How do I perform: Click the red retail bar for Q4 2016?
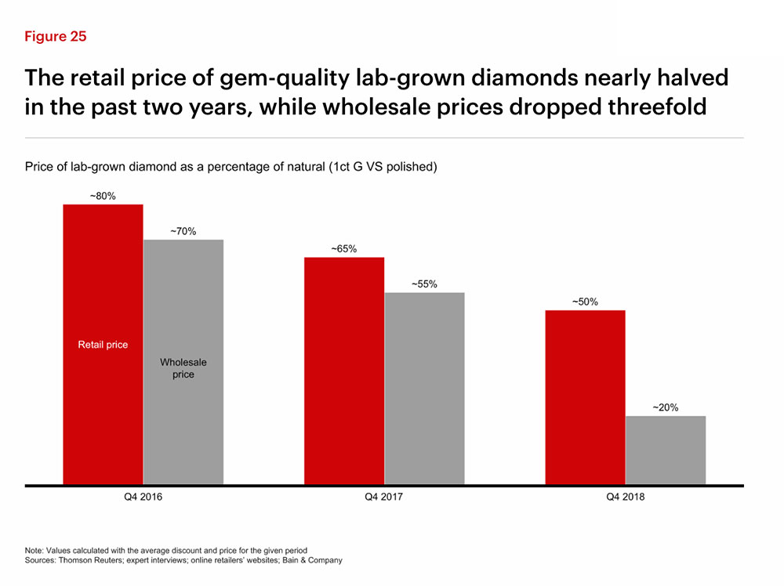[x=103, y=344]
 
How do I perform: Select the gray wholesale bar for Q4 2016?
[x=183, y=362]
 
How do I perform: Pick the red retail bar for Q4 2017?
[x=344, y=371]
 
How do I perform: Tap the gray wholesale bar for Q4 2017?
[x=424, y=389]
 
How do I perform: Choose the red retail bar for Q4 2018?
[x=585, y=397]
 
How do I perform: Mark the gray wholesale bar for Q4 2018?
[x=666, y=450]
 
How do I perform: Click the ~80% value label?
[x=103, y=196]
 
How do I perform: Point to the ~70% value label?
[x=183, y=231]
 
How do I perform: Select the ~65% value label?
[x=344, y=249]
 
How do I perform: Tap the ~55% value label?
[x=424, y=284]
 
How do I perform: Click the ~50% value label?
[x=585, y=302]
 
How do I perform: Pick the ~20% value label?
[x=666, y=407]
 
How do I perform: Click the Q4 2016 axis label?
[x=143, y=497]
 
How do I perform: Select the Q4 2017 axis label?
[x=383, y=497]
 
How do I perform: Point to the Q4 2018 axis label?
[x=626, y=497]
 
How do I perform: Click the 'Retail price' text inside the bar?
[x=103, y=345]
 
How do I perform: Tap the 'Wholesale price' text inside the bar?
[x=183, y=368]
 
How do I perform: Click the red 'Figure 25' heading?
[x=56, y=37]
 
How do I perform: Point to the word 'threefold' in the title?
[x=658, y=107]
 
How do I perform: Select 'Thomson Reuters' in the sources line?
[x=90, y=560]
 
